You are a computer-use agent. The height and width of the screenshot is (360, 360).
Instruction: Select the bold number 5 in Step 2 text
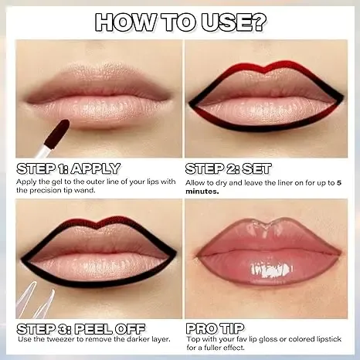pos(338,182)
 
